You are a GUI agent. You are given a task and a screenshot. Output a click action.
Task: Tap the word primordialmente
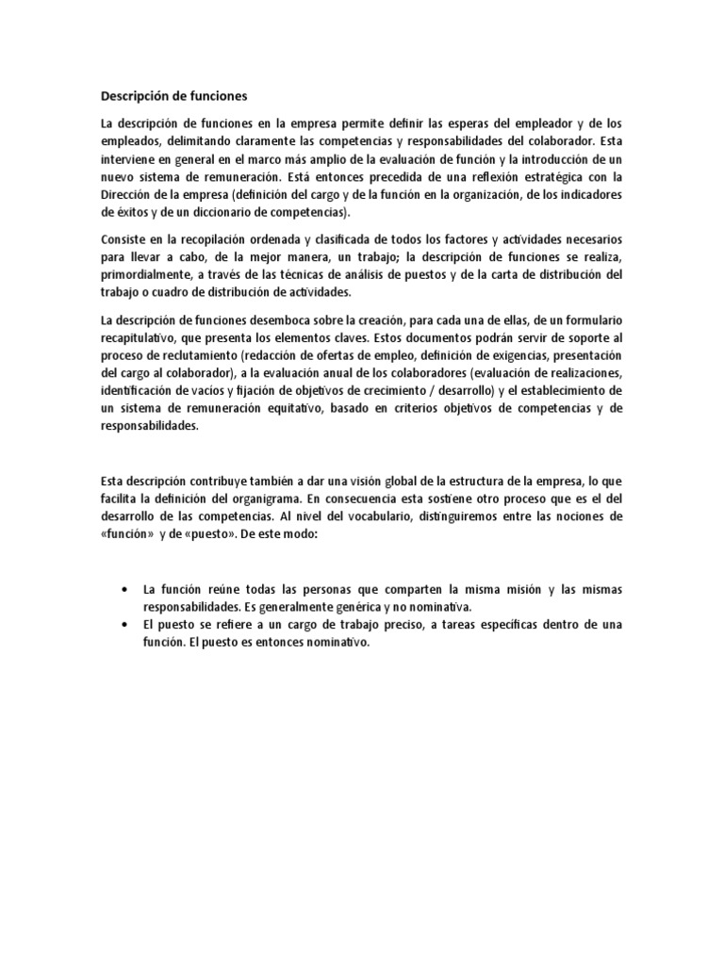(x=147, y=274)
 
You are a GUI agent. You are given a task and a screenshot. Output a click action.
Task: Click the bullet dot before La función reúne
(x=125, y=589)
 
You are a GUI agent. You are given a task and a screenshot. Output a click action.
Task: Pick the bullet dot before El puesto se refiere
(x=125, y=625)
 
